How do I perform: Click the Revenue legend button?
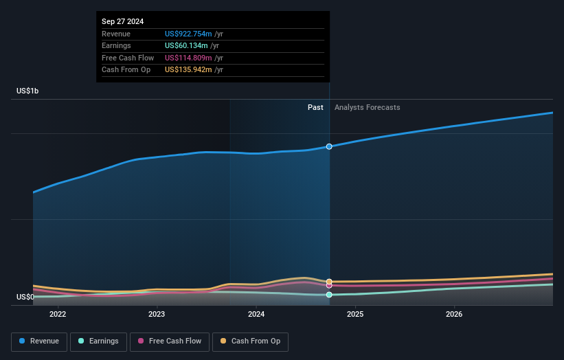39,341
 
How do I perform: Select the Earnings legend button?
98,341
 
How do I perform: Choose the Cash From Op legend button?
250,341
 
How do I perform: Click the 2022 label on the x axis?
58,315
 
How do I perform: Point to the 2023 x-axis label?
157,315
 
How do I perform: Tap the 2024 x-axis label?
256,315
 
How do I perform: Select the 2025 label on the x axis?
355,315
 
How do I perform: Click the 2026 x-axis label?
454,315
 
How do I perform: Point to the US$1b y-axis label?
28,91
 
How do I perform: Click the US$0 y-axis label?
25,297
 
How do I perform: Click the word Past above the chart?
315,107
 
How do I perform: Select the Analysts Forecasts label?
367,107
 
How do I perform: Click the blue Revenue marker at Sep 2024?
329,146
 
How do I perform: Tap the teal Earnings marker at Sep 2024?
329,295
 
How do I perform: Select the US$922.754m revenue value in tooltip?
188,34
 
